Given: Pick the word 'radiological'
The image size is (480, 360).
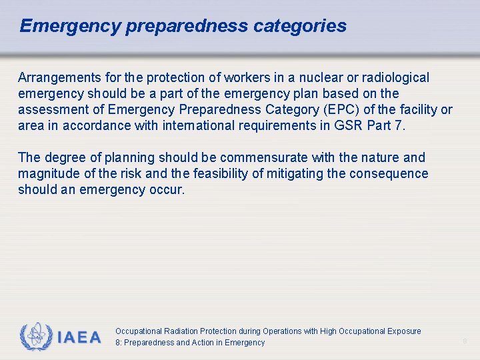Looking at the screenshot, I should point(393,78).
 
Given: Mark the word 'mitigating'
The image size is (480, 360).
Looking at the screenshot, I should point(311,174).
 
